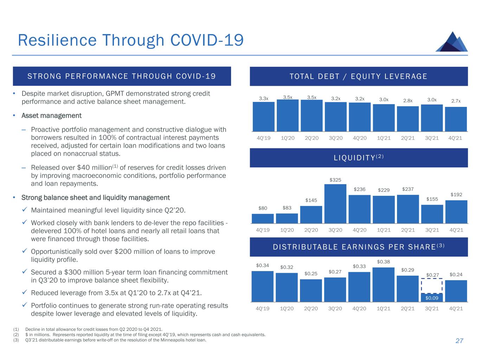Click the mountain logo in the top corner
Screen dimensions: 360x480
pos(452,42)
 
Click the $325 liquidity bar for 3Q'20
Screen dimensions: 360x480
pos(335,204)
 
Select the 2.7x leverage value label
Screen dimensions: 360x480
pos(456,101)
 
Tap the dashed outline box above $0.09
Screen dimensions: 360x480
pos(432,286)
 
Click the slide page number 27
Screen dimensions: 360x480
pos(459,341)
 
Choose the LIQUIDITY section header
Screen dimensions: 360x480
pos(359,158)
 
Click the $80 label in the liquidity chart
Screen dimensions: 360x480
pos(263,208)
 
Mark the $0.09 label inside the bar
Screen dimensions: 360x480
pos(432,298)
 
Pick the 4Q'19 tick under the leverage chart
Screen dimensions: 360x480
pos(263,138)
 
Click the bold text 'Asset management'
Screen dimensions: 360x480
pos(51,116)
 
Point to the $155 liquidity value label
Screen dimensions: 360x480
pos(432,199)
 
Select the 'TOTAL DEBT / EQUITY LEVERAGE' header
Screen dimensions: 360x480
pos(359,76)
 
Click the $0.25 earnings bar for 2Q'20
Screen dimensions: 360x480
pos(311,290)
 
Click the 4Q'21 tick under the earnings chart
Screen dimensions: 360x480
pos(456,309)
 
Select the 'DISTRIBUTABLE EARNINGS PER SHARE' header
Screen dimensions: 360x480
pos(359,247)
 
